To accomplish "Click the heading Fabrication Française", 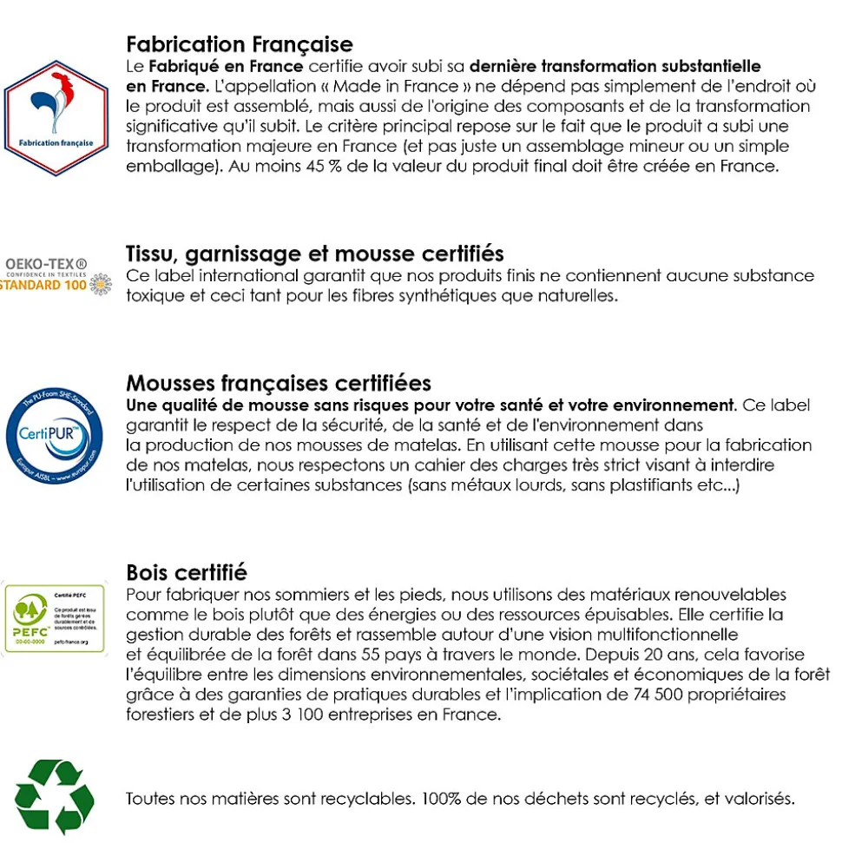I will click(240, 44).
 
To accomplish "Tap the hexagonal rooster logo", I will click(56, 118).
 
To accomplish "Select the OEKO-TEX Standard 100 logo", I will click(56, 275).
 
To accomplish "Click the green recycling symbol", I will click(54, 796).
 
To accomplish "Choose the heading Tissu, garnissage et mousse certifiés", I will click(314, 254).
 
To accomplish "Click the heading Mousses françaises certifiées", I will click(279, 383).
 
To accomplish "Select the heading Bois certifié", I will click(187, 572).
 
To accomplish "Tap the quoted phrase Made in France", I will click(385, 87).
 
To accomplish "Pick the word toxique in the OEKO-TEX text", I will click(153, 295).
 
